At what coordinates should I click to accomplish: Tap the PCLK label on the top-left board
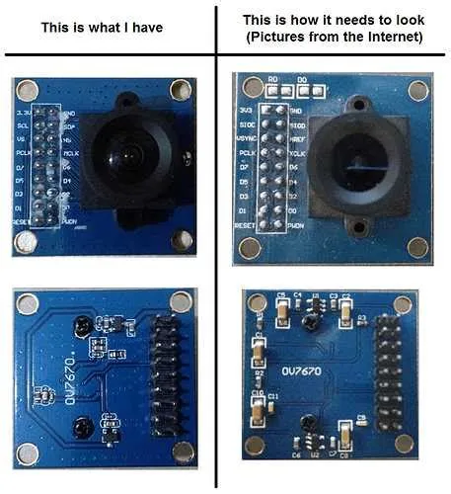coord(21,154)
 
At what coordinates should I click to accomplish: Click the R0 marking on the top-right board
coord(273,77)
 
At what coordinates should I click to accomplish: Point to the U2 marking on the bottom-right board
coord(314,453)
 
